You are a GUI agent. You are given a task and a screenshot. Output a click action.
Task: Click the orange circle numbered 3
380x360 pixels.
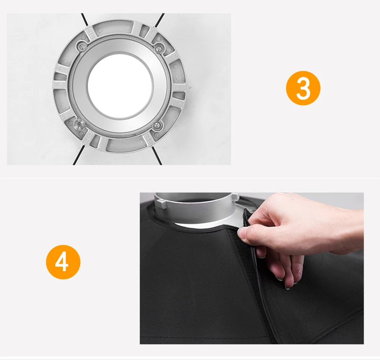click(303, 88)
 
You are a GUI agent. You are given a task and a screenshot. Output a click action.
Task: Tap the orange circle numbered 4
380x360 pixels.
click(63, 262)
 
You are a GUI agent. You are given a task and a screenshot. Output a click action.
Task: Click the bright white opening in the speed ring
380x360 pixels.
click(120, 86)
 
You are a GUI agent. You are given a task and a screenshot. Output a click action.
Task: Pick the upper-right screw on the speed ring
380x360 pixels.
click(158, 48)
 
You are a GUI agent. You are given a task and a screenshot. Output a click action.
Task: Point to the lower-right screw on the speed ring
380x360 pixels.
click(157, 125)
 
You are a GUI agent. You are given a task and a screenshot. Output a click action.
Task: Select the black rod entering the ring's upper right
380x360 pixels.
click(159, 22)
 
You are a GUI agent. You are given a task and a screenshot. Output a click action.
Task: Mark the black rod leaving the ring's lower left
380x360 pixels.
click(79, 155)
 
